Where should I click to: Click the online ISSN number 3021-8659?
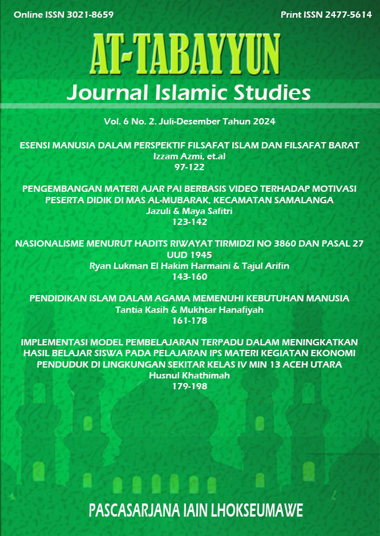tap(77, 14)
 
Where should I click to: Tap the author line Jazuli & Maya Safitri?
tap(190, 211)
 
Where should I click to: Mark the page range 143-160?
tap(190, 276)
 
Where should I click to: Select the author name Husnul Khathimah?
tap(190, 375)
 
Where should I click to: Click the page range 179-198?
tap(190, 386)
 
